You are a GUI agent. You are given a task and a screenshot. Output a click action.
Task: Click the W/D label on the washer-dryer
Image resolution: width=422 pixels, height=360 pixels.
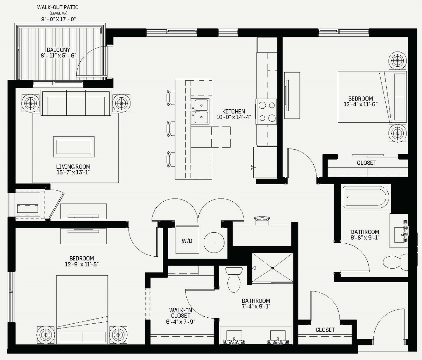187,241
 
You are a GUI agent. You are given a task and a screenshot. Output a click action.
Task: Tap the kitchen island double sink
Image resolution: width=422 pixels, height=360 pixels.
200,111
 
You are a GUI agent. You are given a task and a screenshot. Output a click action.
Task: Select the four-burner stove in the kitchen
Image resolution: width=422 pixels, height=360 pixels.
266,112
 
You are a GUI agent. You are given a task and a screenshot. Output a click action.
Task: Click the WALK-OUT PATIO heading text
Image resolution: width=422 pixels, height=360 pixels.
58,7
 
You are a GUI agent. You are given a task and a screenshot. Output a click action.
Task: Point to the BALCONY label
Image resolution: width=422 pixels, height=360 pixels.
58,50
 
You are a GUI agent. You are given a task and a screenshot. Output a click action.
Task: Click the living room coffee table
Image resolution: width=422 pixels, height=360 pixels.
74,147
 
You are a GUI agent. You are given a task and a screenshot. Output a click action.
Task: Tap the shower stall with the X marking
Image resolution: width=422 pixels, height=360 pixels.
273,268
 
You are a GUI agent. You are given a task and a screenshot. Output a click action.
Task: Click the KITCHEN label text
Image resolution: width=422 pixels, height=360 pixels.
233,112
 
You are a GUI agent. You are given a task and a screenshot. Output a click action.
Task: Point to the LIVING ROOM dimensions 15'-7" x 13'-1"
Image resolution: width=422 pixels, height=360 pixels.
73,173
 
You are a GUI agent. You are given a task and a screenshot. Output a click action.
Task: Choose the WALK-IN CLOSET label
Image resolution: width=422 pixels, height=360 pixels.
180,313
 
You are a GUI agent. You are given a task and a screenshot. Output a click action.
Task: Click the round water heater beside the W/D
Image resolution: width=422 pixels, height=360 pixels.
214,242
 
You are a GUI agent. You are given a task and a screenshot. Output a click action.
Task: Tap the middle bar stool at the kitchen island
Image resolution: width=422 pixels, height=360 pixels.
171,129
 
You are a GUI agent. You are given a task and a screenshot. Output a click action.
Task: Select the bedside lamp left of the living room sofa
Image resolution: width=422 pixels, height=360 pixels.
31,103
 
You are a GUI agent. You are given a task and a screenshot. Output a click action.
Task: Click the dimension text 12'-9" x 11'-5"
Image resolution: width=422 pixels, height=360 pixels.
82,264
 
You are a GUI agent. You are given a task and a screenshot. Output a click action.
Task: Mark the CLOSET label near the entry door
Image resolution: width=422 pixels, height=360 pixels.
325,330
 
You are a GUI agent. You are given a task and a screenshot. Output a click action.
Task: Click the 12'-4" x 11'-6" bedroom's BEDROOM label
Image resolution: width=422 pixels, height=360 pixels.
360,99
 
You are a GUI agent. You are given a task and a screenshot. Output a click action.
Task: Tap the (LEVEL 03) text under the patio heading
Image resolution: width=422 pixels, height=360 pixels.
58,13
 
